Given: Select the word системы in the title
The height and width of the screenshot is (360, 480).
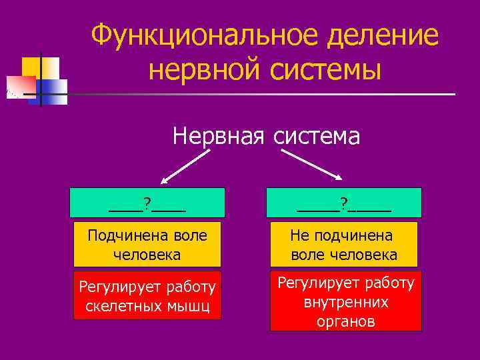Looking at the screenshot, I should [x=325, y=70].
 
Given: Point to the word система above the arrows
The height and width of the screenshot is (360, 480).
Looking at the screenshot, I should [x=315, y=136].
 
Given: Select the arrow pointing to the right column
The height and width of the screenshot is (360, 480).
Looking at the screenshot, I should [x=312, y=165].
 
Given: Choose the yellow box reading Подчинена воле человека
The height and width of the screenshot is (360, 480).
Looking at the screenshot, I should [x=147, y=245].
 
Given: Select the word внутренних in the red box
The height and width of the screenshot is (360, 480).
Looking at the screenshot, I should [x=346, y=302].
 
